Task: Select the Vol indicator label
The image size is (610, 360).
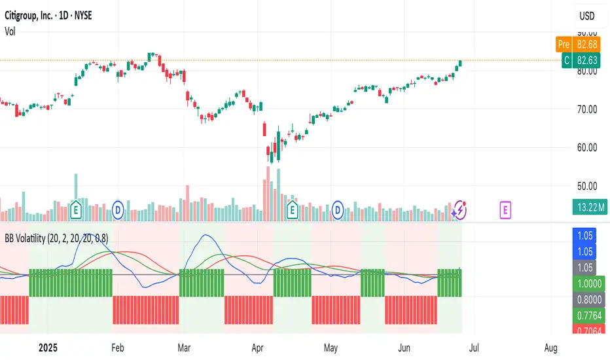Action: [x=11, y=31]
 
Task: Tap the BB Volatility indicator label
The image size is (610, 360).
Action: [x=56, y=239]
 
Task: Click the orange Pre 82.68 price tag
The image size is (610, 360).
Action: [x=574, y=45]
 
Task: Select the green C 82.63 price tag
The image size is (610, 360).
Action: [x=574, y=60]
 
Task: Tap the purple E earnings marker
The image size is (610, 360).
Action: [x=505, y=209]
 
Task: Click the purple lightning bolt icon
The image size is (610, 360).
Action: [x=459, y=209]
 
